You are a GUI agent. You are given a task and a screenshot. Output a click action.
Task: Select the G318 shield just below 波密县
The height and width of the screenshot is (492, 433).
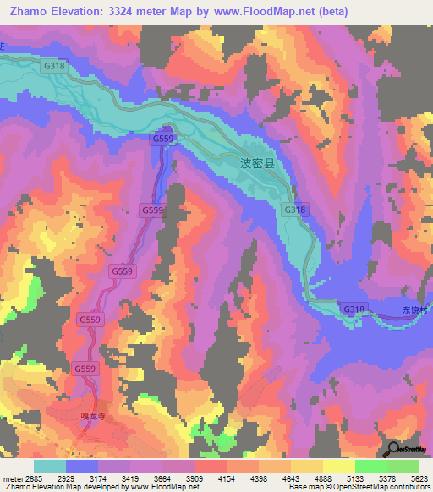[294, 210]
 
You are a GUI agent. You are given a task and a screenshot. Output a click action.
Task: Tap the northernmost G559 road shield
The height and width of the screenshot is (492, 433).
[163, 138]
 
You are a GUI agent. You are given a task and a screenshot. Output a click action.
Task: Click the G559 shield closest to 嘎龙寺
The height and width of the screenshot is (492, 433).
[85, 369]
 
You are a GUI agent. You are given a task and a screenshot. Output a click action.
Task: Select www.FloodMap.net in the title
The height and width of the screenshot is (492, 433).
[265, 10]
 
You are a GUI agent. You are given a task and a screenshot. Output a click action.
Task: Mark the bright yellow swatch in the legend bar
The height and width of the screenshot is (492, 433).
[338, 466]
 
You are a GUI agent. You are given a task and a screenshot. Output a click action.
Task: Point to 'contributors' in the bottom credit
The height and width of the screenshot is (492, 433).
[411, 487]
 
